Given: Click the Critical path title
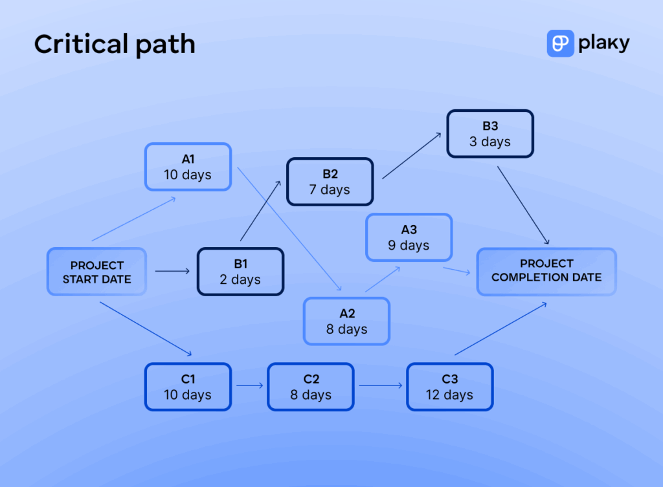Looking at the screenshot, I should pyautogui.click(x=114, y=45).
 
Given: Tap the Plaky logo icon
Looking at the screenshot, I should pyautogui.click(x=560, y=43).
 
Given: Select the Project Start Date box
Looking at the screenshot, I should pyautogui.click(x=96, y=272).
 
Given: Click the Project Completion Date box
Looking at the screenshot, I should pyautogui.click(x=546, y=271).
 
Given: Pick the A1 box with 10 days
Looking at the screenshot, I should pyautogui.click(x=188, y=167).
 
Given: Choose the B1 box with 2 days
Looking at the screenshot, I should pyautogui.click(x=240, y=272).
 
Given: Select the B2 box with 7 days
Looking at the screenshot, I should pyautogui.click(x=330, y=182).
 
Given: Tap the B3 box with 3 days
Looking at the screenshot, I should pyautogui.click(x=489, y=134).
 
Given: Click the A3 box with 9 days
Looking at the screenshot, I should pyautogui.click(x=409, y=237).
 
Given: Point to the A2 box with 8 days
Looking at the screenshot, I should pyautogui.click(x=347, y=321).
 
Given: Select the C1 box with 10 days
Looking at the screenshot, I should pyautogui.click(x=188, y=387).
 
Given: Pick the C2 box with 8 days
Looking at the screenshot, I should pyautogui.click(x=311, y=387).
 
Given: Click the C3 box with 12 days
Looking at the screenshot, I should pyautogui.click(x=449, y=387).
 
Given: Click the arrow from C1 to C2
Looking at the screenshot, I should pyautogui.click(x=249, y=386).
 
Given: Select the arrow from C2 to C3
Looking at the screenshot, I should pyautogui.click(x=380, y=386).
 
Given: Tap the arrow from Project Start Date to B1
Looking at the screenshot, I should pyautogui.click(x=172, y=272).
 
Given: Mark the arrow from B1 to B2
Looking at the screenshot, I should pyautogui.click(x=260, y=211).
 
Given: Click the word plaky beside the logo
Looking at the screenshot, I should pyautogui.click(x=605, y=43).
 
